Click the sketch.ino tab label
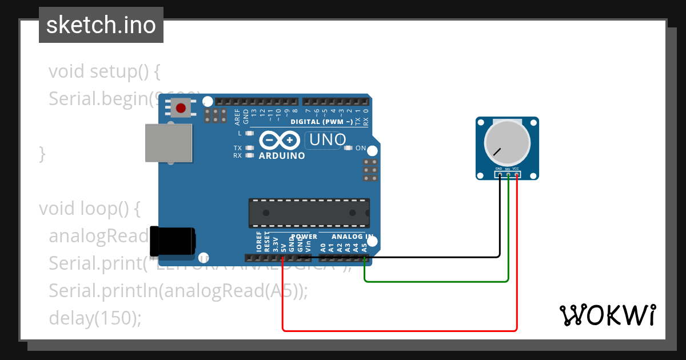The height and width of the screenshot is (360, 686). [x=101, y=25]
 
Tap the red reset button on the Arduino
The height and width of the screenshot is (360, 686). [x=182, y=107]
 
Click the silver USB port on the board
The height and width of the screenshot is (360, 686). [x=169, y=142]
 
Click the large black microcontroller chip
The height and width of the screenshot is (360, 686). [x=309, y=213]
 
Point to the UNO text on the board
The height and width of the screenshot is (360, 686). [x=328, y=139]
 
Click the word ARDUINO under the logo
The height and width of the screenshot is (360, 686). [x=282, y=155]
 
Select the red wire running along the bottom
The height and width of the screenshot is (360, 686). [x=400, y=330]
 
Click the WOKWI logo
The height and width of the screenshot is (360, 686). [x=607, y=315]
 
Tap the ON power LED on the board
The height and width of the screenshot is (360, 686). [x=349, y=148]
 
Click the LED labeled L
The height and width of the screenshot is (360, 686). [x=249, y=133]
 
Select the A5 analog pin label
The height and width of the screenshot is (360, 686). [x=364, y=247]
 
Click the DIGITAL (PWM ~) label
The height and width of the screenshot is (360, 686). [x=321, y=122]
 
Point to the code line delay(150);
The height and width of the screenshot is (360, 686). [x=95, y=318]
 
